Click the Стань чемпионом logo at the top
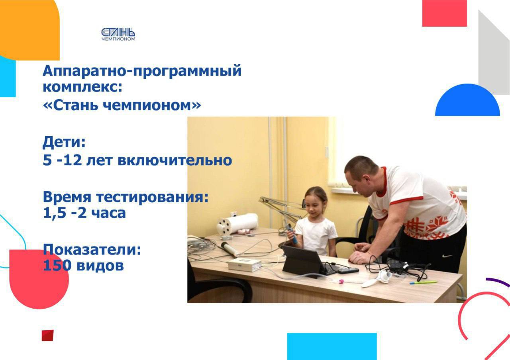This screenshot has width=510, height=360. point(118,34)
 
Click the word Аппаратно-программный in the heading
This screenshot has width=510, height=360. point(142,71)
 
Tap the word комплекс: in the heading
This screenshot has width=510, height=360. point(82,87)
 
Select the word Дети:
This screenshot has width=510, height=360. point(64,142)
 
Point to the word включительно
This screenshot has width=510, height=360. point(175,160)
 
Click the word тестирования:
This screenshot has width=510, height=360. point(152,197)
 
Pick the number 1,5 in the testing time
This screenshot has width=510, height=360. point(55,213)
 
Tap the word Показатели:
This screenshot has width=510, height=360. point(92,249)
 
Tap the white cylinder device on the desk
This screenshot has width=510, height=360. point(237,224)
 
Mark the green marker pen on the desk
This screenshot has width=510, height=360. point(423,283)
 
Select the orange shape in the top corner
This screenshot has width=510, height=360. point(29,30)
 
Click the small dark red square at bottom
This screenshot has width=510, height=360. point(47,335)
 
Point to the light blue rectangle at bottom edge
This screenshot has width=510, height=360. point(332,346)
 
